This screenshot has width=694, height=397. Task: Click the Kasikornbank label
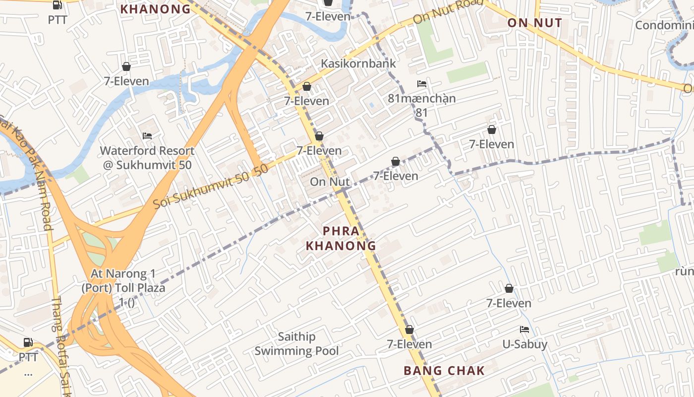coord(358,64)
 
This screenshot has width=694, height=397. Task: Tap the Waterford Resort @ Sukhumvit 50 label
coord(147,157)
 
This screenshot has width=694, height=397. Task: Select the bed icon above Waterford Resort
coord(147,135)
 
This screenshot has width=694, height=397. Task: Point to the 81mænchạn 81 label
coord(421,105)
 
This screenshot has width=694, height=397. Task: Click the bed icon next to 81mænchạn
coord(422,83)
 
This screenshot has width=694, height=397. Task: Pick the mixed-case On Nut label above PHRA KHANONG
coord(330,182)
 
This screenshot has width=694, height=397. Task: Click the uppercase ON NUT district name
coord(534,23)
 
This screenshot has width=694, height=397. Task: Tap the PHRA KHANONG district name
coord(341,238)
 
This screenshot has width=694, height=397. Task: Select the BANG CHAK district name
coord(444,370)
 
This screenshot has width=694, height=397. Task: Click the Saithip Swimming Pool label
coord(296,344)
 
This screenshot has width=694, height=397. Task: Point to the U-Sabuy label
coord(524,344)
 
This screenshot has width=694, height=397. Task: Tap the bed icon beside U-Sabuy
coord(524,329)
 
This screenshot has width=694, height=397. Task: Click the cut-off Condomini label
coord(664,25)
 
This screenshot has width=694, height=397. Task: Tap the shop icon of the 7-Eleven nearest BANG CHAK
coord(409,330)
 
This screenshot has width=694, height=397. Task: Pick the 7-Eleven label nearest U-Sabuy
coord(509,303)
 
